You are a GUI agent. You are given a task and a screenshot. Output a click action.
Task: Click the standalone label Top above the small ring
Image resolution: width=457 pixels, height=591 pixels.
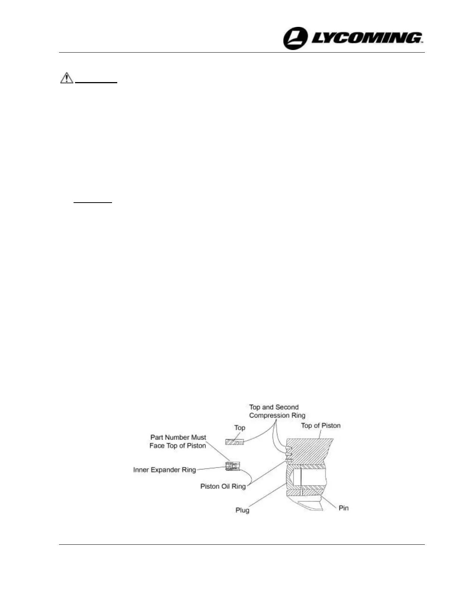click(240, 428)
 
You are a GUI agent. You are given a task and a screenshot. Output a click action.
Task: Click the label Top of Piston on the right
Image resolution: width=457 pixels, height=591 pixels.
click(321, 425)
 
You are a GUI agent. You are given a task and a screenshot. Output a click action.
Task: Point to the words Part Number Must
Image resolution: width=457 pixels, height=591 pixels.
click(178, 437)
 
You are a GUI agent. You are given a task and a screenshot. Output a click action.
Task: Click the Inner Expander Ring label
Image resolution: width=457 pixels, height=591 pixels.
click(164, 470)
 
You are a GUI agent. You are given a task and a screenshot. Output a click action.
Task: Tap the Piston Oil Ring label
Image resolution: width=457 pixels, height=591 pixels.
click(223, 486)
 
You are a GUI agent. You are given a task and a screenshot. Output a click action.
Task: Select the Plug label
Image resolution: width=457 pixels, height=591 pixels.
click(242, 510)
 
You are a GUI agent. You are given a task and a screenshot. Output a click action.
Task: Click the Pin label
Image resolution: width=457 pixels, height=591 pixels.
click(343, 508)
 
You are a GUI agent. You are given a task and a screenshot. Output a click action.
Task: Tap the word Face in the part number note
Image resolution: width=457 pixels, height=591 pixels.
click(156, 445)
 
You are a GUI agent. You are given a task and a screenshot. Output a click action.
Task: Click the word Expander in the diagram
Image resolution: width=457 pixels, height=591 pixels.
click(166, 470)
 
